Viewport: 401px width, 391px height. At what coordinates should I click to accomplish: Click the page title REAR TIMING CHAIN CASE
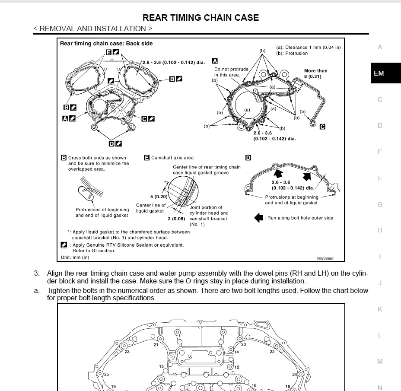pyautogui.click(x=200, y=18)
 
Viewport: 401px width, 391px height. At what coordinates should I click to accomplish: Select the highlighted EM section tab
pyautogui.click(x=379, y=73)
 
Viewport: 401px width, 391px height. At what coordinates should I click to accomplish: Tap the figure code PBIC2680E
pyautogui.click(x=325, y=259)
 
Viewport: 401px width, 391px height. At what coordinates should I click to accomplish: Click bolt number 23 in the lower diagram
pyautogui.click(x=127, y=352)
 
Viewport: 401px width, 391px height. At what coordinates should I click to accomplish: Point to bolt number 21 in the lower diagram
pyautogui.click(x=156, y=344)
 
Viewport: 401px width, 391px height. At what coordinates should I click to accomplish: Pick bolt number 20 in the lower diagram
pyautogui.click(x=244, y=344)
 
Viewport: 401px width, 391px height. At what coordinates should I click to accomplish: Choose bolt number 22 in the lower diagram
pyautogui.click(x=272, y=352)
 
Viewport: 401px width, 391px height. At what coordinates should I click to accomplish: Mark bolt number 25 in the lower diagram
pyautogui.click(x=106, y=374)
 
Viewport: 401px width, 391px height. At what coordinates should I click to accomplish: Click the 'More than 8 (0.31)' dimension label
pyautogui.click(x=315, y=73)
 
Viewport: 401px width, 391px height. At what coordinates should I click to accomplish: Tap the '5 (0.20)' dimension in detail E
pyautogui.click(x=159, y=197)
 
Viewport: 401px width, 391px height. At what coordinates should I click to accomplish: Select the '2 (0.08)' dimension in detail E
pyautogui.click(x=176, y=219)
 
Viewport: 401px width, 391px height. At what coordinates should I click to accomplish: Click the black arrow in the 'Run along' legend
pyautogui.click(x=258, y=218)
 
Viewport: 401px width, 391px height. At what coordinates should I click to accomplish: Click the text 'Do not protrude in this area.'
pyautogui.click(x=231, y=72)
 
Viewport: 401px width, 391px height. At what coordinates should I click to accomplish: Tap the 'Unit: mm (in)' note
pyautogui.click(x=75, y=257)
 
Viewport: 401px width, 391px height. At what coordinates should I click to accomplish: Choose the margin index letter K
pyautogui.click(x=380, y=309)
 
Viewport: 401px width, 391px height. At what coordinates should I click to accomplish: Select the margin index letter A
pyautogui.click(x=380, y=47)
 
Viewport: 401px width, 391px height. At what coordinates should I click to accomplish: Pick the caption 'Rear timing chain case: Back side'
pyautogui.click(x=106, y=43)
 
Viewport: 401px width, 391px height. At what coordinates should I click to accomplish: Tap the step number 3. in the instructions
pyautogui.click(x=37, y=273)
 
